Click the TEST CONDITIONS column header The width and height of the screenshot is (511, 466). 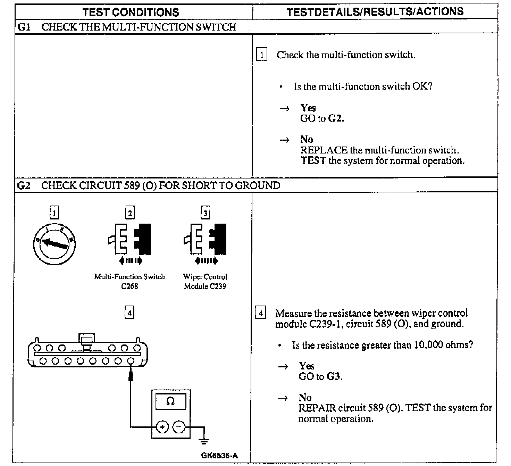tap(131, 12)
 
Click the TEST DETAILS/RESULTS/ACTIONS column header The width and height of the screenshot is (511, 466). tap(375, 11)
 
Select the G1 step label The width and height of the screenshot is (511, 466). tap(24, 27)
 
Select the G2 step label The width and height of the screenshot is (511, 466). tap(24, 185)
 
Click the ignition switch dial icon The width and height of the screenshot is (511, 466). tap(55, 242)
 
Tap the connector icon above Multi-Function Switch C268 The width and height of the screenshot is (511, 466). tap(129, 240)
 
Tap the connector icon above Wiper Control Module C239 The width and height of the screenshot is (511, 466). tap(206, 240)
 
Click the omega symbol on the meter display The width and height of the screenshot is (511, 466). tap(170, 401)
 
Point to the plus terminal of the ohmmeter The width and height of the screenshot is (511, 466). tap(162, 427)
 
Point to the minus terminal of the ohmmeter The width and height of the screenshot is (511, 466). tap(179, 427)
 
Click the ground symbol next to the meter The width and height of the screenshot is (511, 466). tap(204, 441)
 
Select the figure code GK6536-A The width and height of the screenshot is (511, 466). tap(219, 456)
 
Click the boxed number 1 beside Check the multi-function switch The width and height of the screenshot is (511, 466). tap(262, 55)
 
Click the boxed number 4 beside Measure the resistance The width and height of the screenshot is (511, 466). tap(260, 313)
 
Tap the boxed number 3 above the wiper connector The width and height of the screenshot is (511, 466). tap(206, 213)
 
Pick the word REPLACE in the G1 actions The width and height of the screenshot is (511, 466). tap(324, 150)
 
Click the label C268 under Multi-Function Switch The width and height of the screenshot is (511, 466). tap(129, 286)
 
